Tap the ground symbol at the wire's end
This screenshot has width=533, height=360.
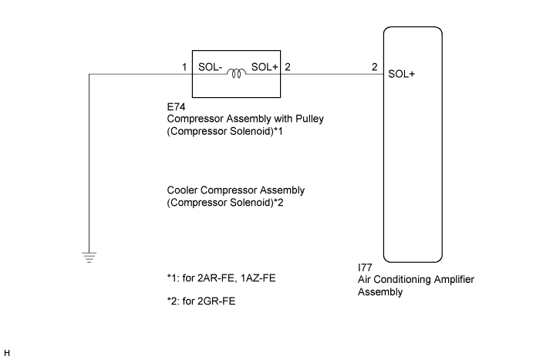click(89, 257)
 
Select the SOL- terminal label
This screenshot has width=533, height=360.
click(211, 67)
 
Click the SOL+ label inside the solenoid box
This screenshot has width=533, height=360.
click(265, 67)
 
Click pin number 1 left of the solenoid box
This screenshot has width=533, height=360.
click(185, 67)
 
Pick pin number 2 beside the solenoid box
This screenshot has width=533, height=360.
click(288, 67)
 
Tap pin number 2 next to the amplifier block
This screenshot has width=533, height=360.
click(374, 67)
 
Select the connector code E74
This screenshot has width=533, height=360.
click(176, 109)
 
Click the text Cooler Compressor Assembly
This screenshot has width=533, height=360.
click(235, 190)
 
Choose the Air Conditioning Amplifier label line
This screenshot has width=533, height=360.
click(410, 282)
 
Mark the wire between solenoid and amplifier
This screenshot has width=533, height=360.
click(332, 74)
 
